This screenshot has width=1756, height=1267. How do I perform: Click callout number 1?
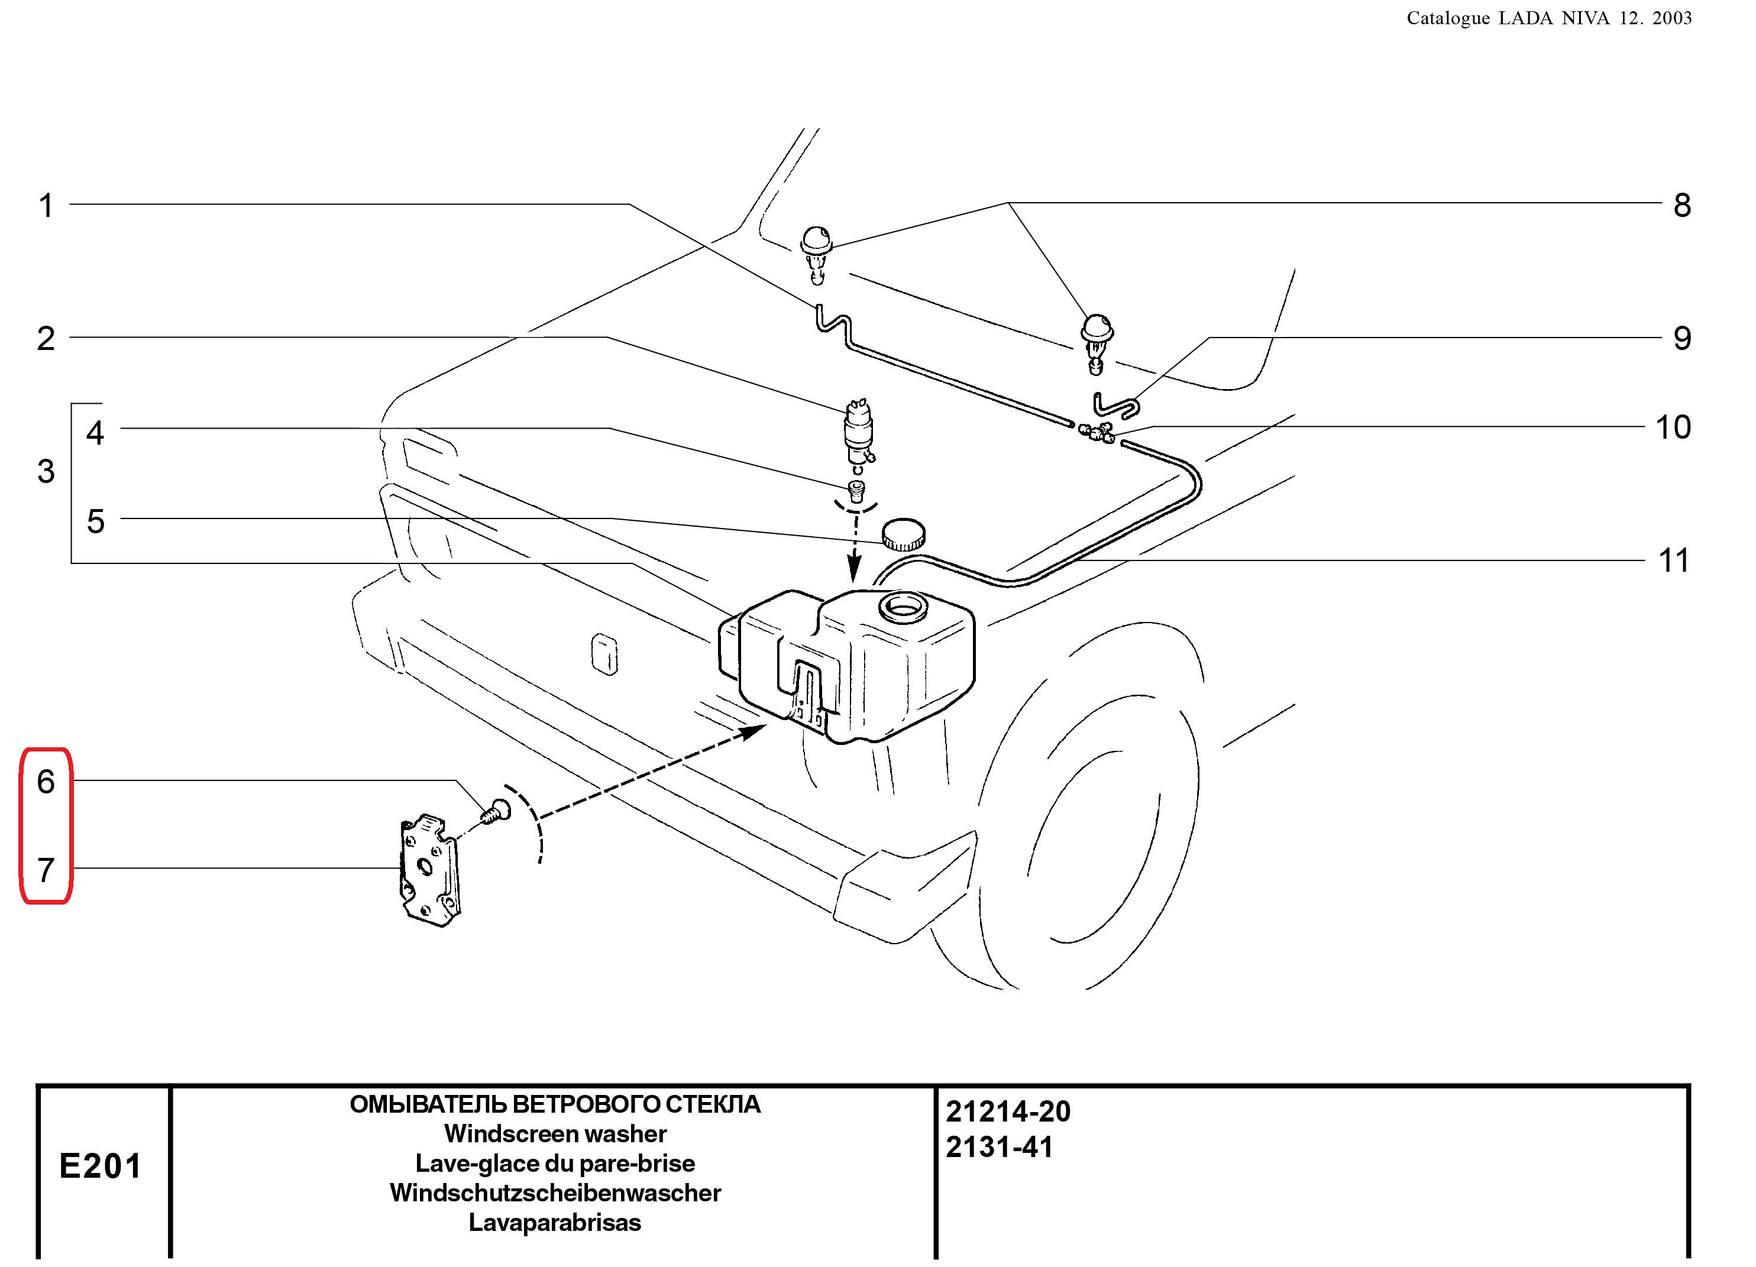pyautogui.click(x=47, y=206)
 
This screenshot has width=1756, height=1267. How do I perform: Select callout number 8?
pyautogui.click(x=1681, y=206)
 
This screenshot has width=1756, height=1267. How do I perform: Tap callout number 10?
pyautogui.click(x=1673, y=427)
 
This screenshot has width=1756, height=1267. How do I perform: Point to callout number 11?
pyautogui.click(x=1673, y=560)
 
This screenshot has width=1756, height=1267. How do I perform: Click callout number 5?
pyautogui.click(x=95, y=521)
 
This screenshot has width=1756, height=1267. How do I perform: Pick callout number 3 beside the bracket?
pyautogui.click(x=46, y=471)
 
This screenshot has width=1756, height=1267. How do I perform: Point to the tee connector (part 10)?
pyautogui.click(x=1097, y=433)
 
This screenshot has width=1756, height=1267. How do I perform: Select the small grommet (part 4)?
pyautogui.click(x=856, y=490)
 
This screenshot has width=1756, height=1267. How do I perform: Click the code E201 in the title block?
pyautogui.click(x=101, y=1166)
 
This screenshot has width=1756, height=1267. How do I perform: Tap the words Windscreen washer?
pyautogui.click(x=555, y=1134)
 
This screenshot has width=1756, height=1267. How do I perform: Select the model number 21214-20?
pyautogui.click(x=1008, y=1112)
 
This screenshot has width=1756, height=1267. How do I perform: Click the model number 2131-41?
pyautogui.click(x=1000, y=1147)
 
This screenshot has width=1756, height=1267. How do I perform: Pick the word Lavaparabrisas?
pyautogui.click(x=555, y=1223)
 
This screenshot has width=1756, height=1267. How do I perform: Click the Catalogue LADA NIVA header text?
pyautogui.click(x=1548, y=18)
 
